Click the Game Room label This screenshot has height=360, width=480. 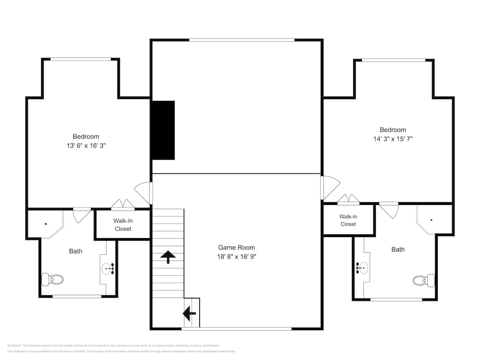pyautogui.click(x=237, y=248)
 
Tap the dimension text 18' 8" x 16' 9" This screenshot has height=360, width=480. pyautogui.click(x=237, y=256)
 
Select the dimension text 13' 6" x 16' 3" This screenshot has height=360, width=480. pyautogui.click(x=86, y=145)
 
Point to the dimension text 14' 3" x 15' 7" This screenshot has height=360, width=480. pyautogui.click(x=393, y=139)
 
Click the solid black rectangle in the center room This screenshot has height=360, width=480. pyautogui.click(x=163, y=130)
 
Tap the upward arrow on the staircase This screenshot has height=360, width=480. pyautogui.click(x=168, y=257)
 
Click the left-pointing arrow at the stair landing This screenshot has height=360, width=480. pyautogui.click(x=189, y=314)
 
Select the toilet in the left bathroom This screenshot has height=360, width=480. pyautogui.click(x=53, y=279)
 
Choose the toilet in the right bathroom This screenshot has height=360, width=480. pyautogui.click(x=424, y=280)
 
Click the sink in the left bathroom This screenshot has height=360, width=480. pyautogui.click(x=108, y=268)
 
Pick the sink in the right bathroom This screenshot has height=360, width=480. pyautogui.click(x=361, y=268)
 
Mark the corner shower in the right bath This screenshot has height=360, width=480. pyautogui.click(x=433, y=220)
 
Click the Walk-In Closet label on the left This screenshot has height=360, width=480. pyautogui.click(x=123, y=225)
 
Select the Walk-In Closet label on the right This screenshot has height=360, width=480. pyautogui.click(x=348, y=220)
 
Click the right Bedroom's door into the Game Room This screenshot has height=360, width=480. pyautogui.click(x=331, y=187)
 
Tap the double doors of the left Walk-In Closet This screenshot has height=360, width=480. pyautogui.click(x=123, y=205)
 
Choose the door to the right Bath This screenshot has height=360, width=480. pyautogui.click(x=388, y=210)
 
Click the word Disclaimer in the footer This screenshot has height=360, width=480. pyautogui.click(x=14, y=346)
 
